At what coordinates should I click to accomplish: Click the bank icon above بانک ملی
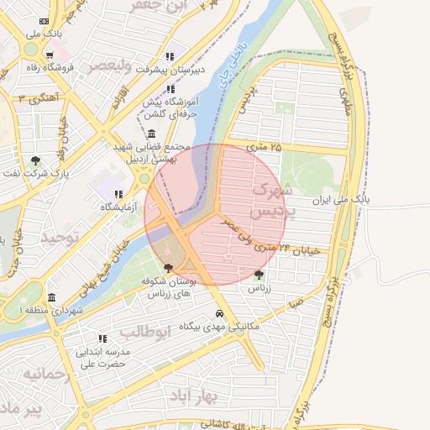pyautogui.click(x=44, y=21)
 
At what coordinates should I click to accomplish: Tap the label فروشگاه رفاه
pyautogui.click(x=48, y=66)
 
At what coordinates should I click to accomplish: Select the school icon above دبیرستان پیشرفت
pyautogui.click(x=170, y=56)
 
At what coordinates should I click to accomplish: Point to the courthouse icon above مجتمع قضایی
pyautogui.click(x=151, y=134)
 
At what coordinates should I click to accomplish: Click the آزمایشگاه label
pyautogui.click(x=102, y=207)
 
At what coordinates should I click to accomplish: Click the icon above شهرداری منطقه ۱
pyautogui.click(x=52, y=298)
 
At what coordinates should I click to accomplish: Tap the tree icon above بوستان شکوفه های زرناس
pyautogui.click(x=170, y=269)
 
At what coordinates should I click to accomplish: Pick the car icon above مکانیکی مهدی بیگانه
pyautogui.click(x=218, y=312)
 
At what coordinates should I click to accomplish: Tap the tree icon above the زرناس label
pyautogui.click(x=259, y=274)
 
